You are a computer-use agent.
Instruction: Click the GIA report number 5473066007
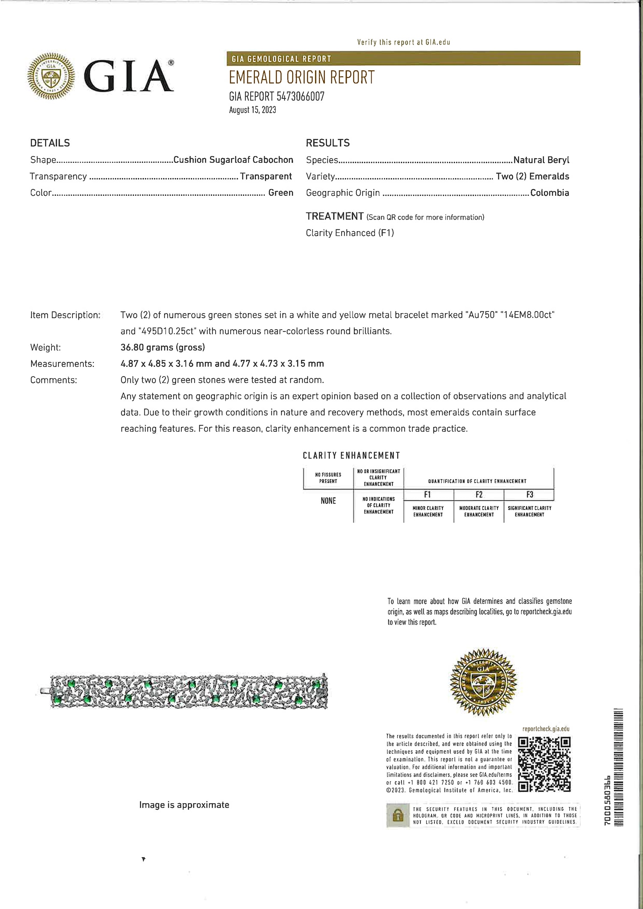click(276, 96)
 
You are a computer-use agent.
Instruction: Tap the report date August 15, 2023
click(252, 110)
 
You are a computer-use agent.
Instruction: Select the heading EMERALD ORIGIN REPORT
click(301, 78)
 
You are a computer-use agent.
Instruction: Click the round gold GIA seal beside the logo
click(51, 76)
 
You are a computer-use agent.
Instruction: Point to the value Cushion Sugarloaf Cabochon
click(233, 160)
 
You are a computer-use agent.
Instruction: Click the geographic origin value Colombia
click(550, 193)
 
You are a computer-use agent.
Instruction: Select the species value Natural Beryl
click(541, 160)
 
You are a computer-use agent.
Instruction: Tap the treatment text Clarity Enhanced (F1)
click(350, 233)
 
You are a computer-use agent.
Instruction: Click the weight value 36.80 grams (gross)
click(162, 347)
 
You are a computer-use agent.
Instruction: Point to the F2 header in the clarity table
click(479, 495)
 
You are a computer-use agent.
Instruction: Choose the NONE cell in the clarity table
click(328, 501)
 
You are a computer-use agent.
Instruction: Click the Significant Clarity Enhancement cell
click(529, 511)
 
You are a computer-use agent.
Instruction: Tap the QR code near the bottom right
click(544, 764)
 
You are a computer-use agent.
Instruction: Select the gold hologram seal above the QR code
click(483, 681)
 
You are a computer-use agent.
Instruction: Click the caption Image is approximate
click(184, 805)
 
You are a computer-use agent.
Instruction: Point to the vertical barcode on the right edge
click(618, 767)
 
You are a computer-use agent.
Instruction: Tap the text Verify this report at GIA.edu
click(403, 42)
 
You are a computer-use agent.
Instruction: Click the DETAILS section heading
click(50, 143)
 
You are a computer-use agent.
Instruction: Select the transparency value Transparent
click(266, 176)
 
